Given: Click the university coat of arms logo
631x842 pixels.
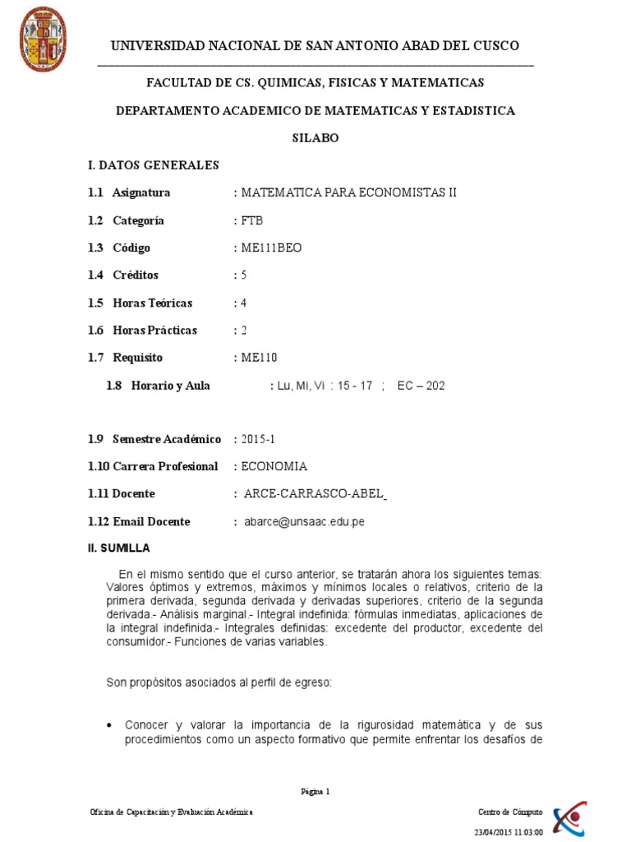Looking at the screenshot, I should (x=43, y=39).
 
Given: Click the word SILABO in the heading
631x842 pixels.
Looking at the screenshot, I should (x=315, y=138).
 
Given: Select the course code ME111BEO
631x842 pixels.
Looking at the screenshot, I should (x=271, y=248).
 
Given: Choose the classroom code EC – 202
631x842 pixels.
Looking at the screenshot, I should (x=421, y=386).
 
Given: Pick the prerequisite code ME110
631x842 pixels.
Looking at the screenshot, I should (x=258, y=358).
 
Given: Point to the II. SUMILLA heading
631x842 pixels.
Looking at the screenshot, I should (x=119, y=548).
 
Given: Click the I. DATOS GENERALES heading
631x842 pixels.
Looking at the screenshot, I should (x=154, y=165).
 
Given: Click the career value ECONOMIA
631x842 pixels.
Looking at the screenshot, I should (x=274, y=467).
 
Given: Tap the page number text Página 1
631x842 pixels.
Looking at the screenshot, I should (x=315, y=792).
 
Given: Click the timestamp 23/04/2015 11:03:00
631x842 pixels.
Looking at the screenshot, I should (x=509, y=831).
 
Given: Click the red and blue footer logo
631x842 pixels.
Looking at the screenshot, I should (x=569, y=817).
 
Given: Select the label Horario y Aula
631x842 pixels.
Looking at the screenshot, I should (x=170, y=386).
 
